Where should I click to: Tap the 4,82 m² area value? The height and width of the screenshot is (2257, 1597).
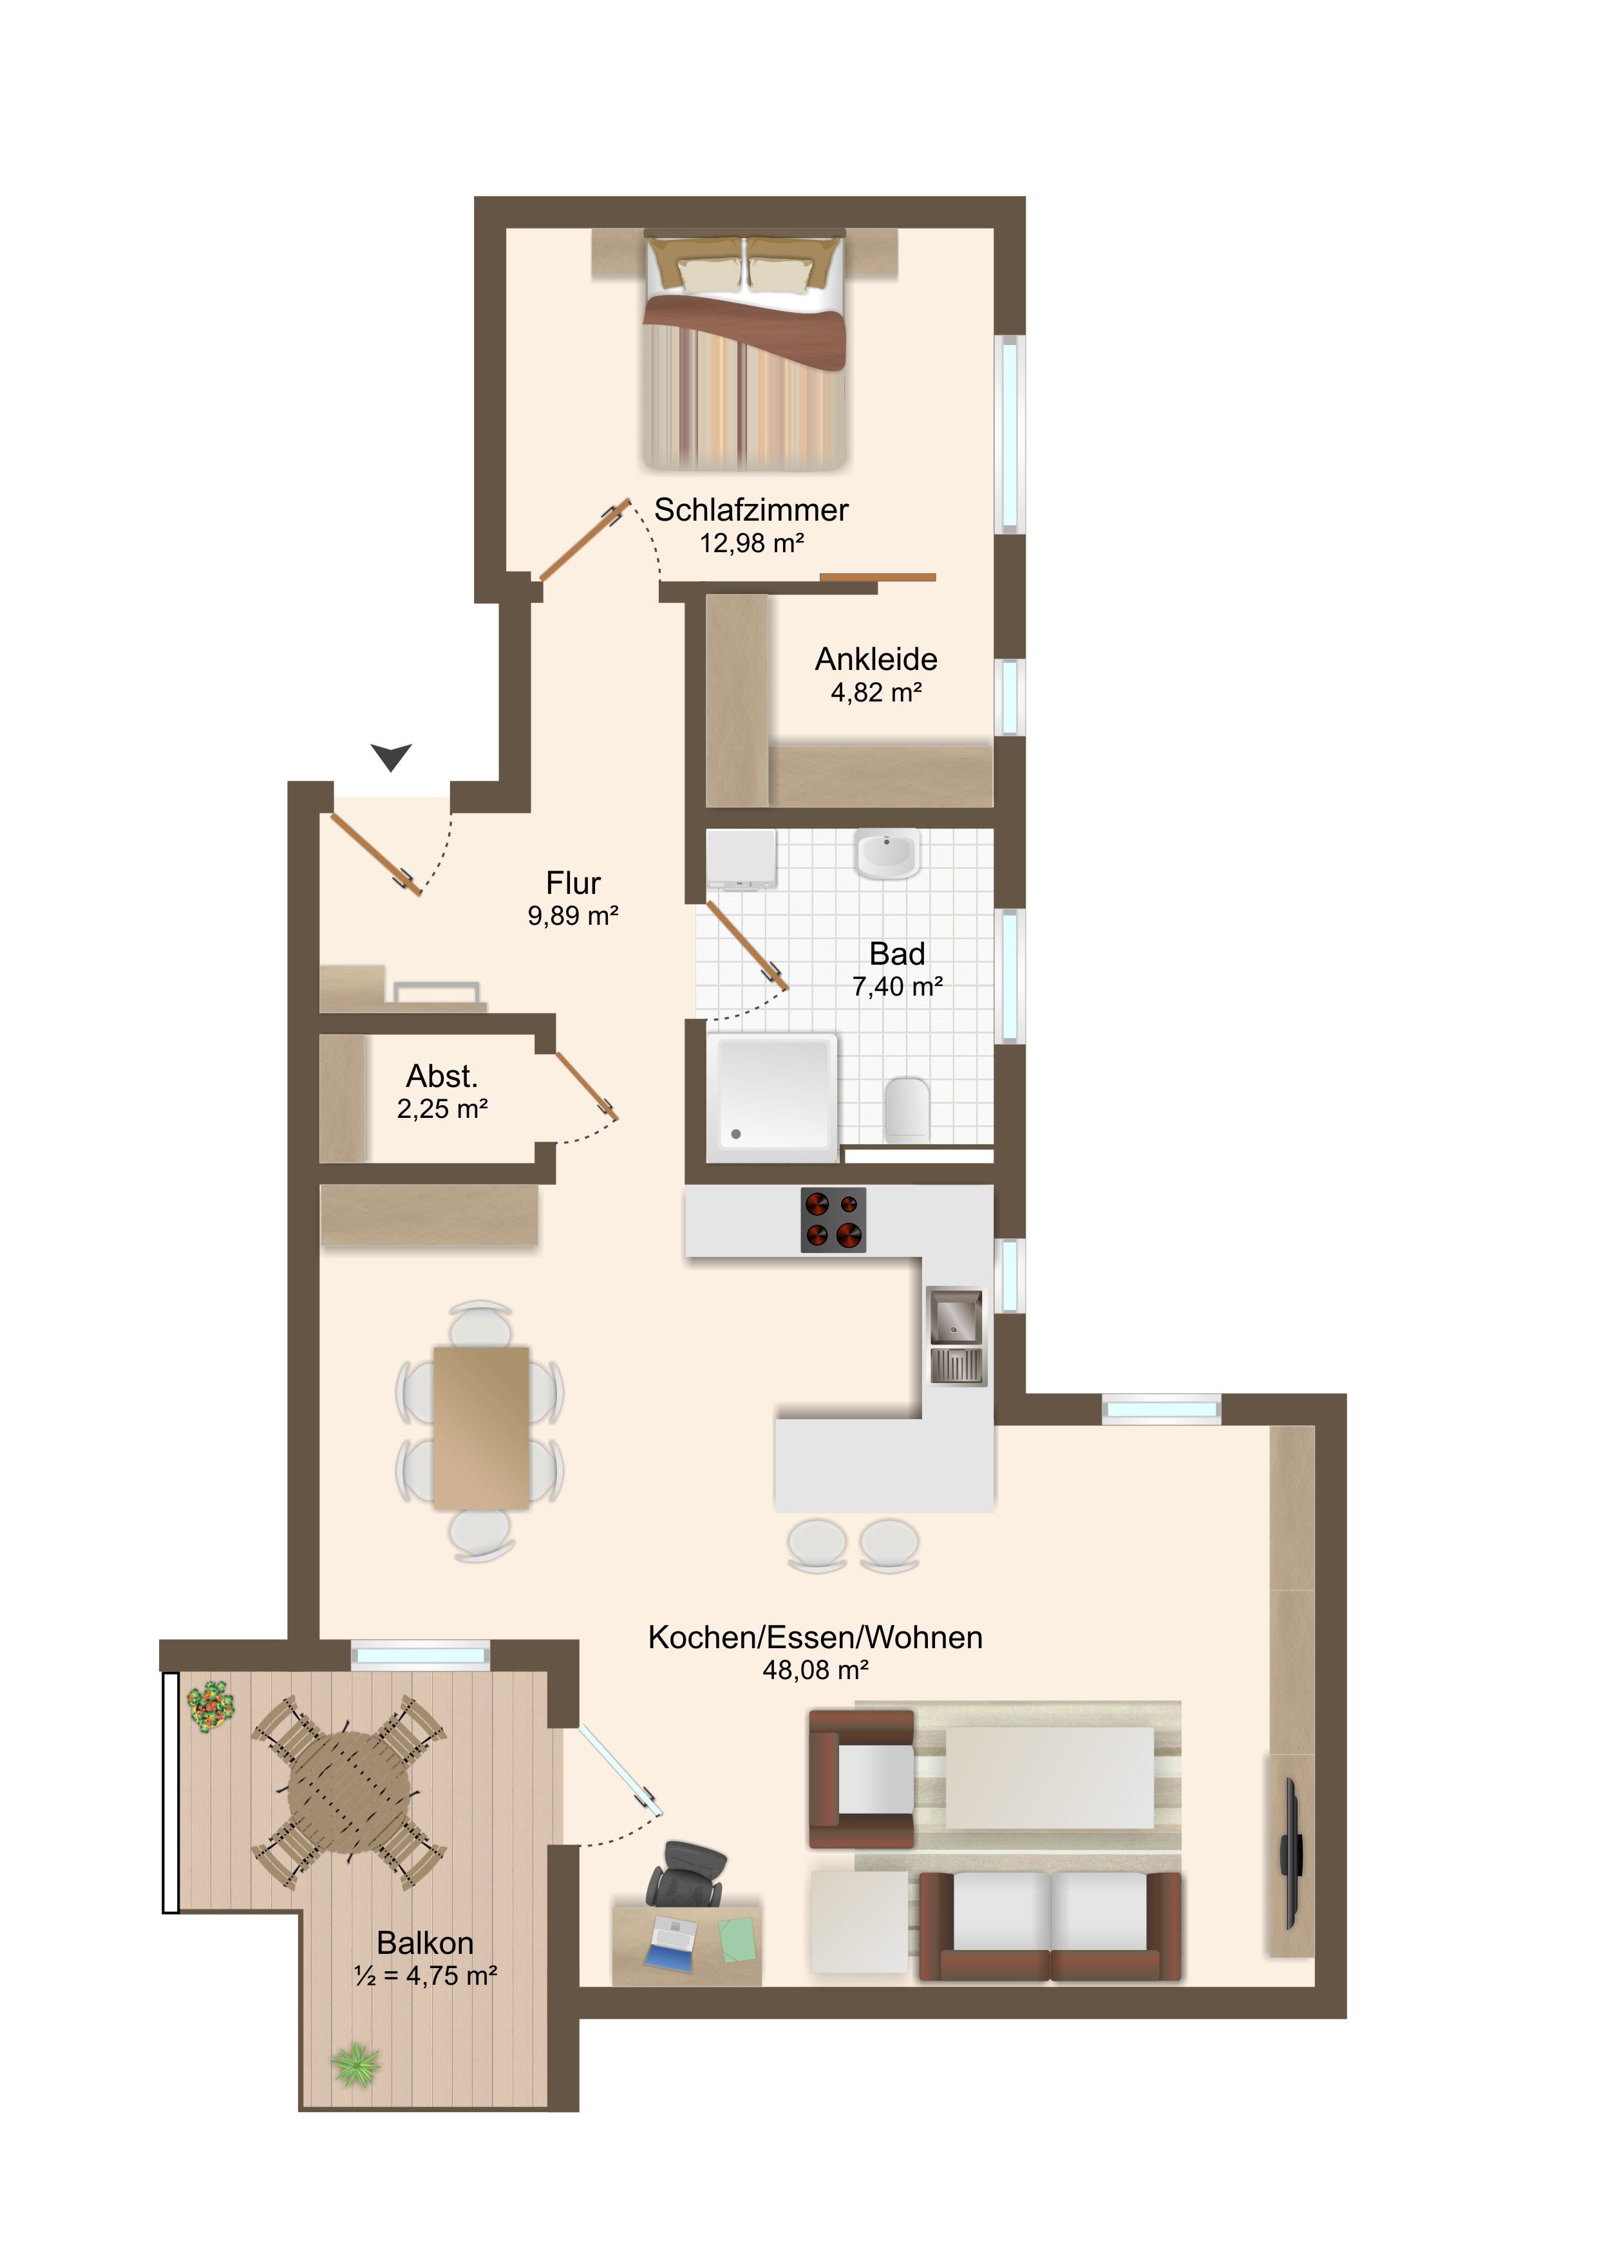876,693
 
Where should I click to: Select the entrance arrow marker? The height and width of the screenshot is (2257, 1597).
392,757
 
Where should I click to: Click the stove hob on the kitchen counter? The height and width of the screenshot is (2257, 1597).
834,1220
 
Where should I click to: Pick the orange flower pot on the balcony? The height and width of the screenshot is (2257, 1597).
211,1707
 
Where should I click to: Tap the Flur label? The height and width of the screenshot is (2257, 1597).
573,883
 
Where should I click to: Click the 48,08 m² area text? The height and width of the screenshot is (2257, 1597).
815,1670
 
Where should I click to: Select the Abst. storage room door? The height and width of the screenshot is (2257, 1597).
586,1086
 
